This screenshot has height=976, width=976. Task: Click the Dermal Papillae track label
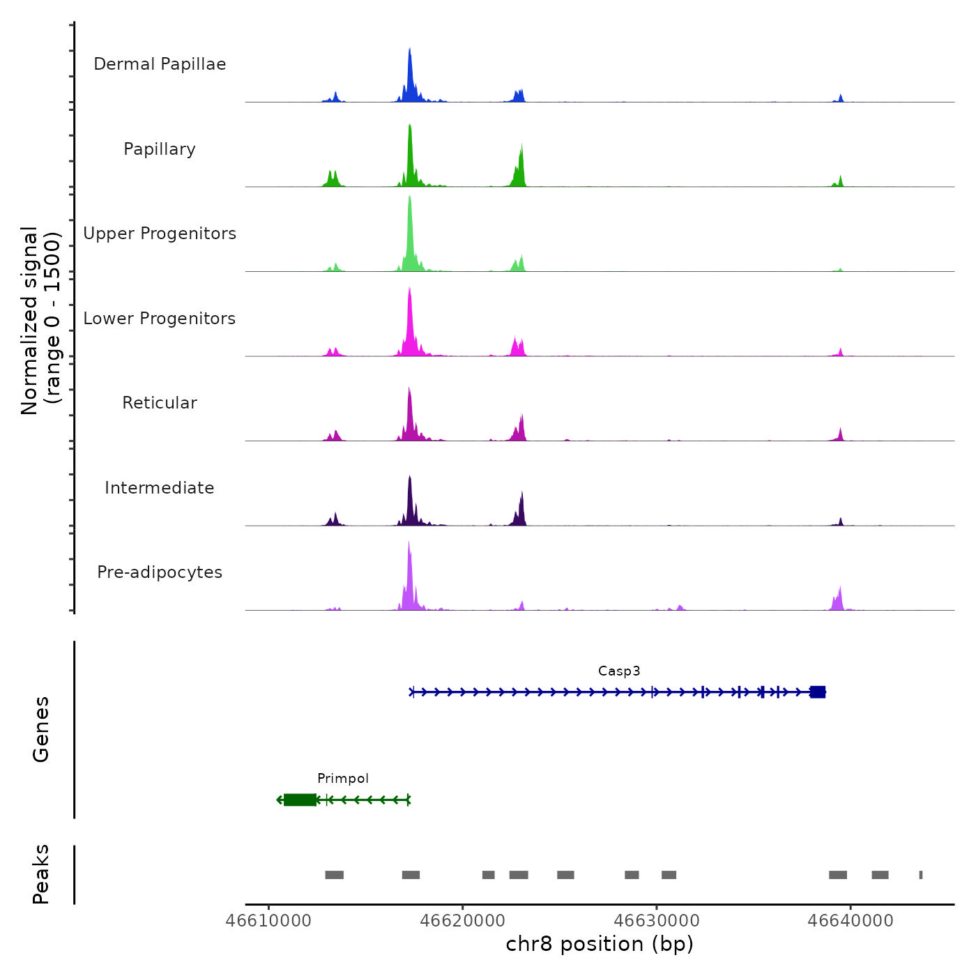click(160, 64)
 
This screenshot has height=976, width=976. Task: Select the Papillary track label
click(160, 149)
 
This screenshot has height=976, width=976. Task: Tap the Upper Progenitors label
click(160, 234)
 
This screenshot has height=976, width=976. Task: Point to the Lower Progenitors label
click(160, 319)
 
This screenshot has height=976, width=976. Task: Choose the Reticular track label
click(160, 403)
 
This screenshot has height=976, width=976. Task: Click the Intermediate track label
click(160, 488)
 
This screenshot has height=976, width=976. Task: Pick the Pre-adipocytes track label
click(160, 572)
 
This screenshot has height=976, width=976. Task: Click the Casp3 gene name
click(619, 671)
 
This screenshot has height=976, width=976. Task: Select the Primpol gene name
click(343, 779)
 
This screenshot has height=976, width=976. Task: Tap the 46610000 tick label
click(268, 921)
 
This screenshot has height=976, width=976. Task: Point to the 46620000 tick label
click(462, 921)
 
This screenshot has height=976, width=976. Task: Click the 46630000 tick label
click(657, 921)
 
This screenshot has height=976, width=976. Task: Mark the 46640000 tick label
click(851, 921)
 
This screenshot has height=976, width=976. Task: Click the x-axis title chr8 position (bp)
click(600, 945)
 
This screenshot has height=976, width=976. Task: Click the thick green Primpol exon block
click(300, 800)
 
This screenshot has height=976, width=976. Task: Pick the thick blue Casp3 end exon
click(818, 692)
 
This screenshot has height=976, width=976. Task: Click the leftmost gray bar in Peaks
click(335, 875)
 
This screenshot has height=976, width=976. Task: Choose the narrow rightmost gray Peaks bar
click(921, 875)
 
